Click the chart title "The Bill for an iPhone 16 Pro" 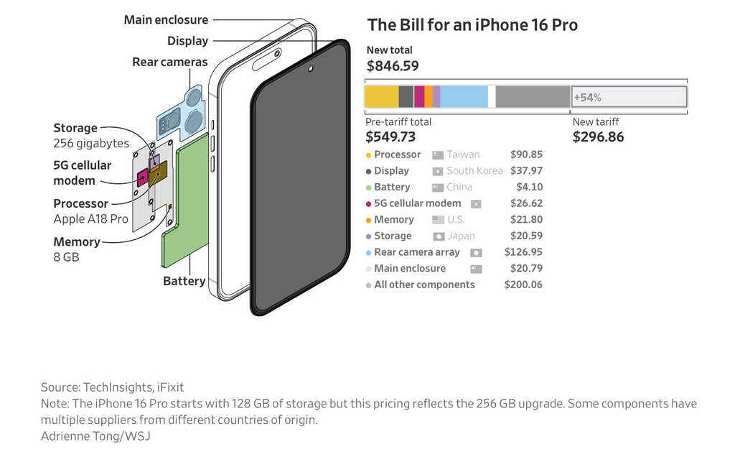[472, 25]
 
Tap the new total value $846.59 [392, 66]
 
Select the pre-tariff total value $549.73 [390, 137]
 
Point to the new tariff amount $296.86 [598, 137]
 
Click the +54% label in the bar [587, 97]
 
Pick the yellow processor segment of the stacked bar [381, 97]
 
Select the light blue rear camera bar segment [464, 97]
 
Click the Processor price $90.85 [526, 154]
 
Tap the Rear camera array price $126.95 [523, 252]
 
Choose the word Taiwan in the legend [463, 154]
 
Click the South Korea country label [474, 171]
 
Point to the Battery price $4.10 [529, 187]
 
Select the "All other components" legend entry [423, 285]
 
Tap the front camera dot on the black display [310, 69]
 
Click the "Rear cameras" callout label [169, 62]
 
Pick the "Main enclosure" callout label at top [166, 19]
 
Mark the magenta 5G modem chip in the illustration [142, 177]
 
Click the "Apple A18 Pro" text [90, 219]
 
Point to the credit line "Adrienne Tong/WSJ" [95, 435]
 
